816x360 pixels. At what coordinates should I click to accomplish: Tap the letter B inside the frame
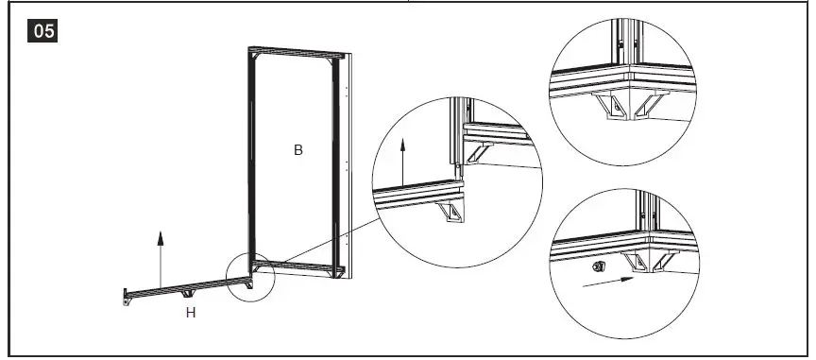tap(297, 150)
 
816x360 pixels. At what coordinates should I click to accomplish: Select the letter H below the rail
tap(190, 313)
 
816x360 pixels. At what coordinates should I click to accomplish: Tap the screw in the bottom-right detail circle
tap(596, 267)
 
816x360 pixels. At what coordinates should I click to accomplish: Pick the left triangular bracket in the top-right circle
tap(612, 106)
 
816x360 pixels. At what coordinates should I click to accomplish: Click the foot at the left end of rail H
tap(126, 298)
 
